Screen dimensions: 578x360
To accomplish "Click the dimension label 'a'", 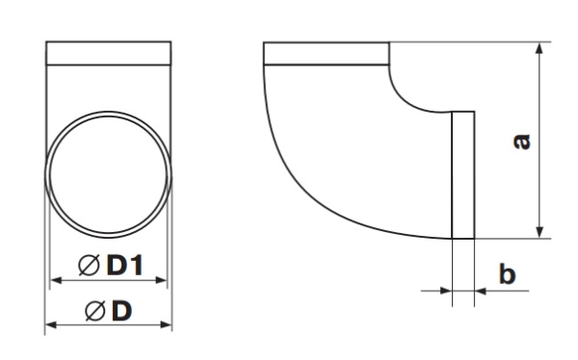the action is (522, 141).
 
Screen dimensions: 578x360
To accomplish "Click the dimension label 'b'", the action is (508, 273).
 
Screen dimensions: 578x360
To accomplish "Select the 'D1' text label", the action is (124, 265).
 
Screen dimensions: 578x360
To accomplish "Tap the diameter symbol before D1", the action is (89, 265).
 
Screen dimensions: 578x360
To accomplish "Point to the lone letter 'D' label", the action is (122, 311).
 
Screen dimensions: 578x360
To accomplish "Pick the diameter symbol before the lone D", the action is (95, 311).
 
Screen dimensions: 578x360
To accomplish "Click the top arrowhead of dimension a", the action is (539, 49).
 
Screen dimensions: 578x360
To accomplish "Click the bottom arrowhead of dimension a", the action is (539, 232).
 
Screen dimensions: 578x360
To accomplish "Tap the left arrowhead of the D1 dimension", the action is (56, 280).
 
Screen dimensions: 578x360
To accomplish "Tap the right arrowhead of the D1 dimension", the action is (161, 280).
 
